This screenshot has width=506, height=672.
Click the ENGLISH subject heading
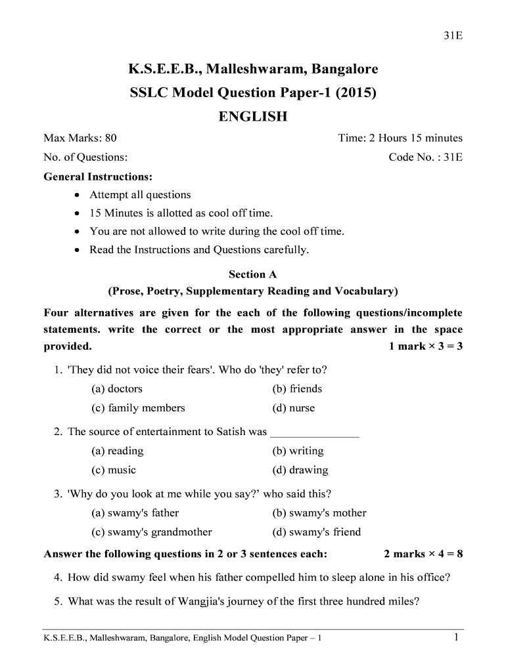pyautogui.click(x=253, y=117)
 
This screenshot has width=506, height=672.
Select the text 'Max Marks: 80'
pyautogui.click(x=80, y=138)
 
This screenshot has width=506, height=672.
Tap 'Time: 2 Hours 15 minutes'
pyautogui.click(x=400, y=138)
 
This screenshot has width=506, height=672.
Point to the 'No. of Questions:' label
pyautogui.click(x=85, y=157)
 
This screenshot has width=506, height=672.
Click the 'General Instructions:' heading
pyautogui.click(x=98, y=177)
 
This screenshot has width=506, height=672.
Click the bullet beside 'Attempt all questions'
pyautogui.click(x=78, y=195)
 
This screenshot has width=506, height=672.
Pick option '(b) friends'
pyautogui.click(x=297, y=388)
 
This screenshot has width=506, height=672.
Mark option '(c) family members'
pyautogui.click(x=138, y=408)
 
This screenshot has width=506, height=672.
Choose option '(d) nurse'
pyautogui.click(x=293, y=408)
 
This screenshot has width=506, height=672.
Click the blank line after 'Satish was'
pyautogui.click(x=315, y=433)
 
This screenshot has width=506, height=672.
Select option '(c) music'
pyautogui.click(x=114, y=470)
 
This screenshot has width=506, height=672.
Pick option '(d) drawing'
pyautogui.click(x=300, y=470)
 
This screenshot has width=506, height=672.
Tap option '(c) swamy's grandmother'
pyautogui.click(x=151, y=532)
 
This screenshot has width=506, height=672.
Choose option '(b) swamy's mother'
pyautogui.click(x=319, y=513)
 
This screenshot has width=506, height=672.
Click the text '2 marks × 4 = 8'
pyautogui.click(x=423, y=555)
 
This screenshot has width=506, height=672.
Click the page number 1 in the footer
pyautogui.click(x=456, y=637)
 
